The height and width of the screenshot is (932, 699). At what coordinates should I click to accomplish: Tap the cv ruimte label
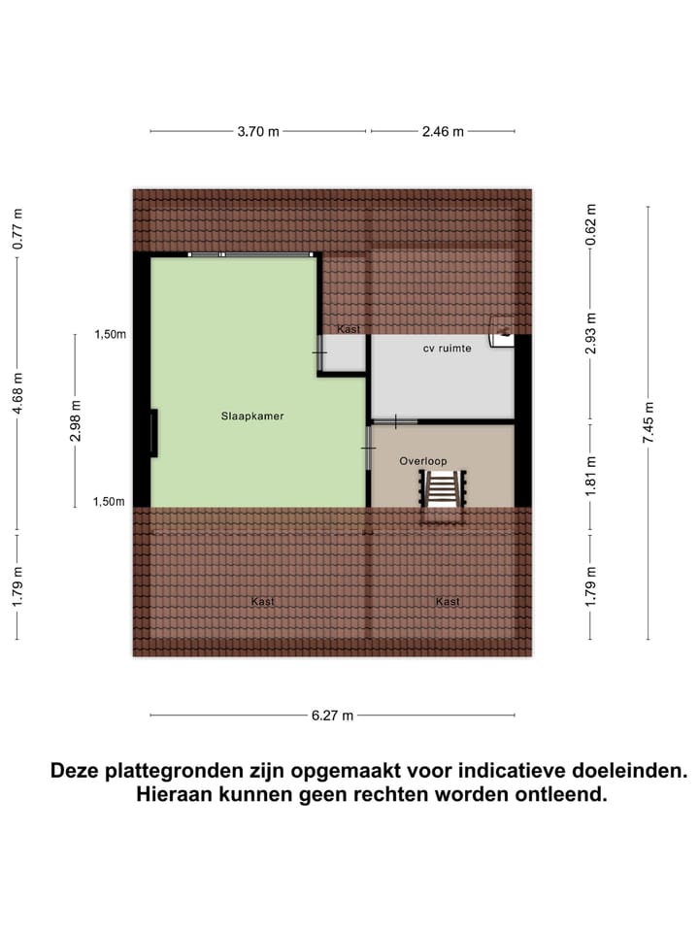[x=447, y=348]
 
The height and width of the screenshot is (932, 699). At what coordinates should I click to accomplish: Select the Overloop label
[x=423, y=462]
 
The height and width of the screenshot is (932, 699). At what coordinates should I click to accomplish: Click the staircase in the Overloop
[x=443, y=489]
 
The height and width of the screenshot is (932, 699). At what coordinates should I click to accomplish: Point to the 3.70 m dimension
[x=258, y=132]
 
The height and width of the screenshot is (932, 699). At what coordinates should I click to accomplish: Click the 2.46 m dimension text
[x=443, y=132]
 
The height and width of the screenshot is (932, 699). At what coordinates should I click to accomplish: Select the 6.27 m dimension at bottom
[x=332, y=716]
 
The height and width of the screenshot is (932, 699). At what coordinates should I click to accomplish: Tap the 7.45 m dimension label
[x=649, y=423]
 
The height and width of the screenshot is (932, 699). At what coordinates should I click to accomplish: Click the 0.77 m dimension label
[x=18, y=230]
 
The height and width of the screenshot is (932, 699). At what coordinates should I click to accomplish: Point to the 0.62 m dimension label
[x=590, y=223]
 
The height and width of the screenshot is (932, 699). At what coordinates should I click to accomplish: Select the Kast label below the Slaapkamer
[x=262, y=602]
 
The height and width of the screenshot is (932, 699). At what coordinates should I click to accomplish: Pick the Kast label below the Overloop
[x=448, y=602]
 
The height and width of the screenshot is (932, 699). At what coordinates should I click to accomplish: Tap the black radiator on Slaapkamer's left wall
[x=153, y=433]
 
